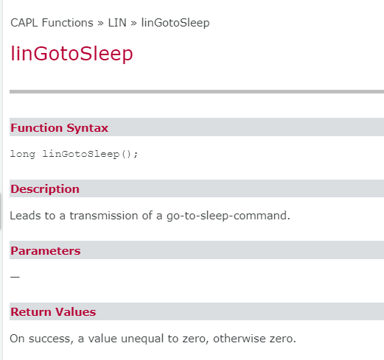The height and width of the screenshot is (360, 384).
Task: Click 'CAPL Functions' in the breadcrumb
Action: pos(52,23)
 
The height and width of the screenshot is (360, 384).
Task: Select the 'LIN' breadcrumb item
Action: pos(118,23)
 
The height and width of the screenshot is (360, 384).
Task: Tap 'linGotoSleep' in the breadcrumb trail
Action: pos(175,23)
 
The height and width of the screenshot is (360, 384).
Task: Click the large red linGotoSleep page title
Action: pos(71,54)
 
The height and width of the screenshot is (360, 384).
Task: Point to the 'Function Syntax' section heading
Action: pos(59,128)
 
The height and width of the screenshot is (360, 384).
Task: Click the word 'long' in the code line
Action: pos(22,154)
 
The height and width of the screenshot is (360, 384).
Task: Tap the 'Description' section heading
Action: pos(44,189)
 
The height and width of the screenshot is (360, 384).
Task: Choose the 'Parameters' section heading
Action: pos(45,251)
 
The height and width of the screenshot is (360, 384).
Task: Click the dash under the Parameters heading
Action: pos(15,278)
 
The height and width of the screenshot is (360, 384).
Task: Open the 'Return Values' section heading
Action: pos(52,312)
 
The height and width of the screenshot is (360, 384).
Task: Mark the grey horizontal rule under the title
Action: pos(197,91)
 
